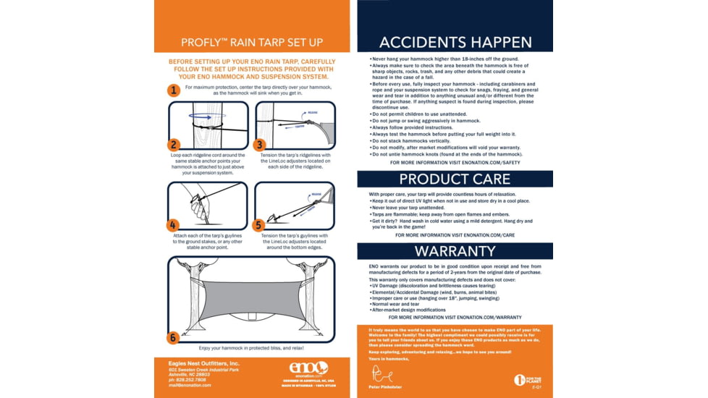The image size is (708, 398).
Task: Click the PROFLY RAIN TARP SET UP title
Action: (252, 42)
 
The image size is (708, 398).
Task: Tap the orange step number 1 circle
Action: (173, 90)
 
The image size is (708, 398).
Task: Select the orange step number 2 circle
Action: (174, 144)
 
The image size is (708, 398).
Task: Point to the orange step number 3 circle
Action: (260, 144)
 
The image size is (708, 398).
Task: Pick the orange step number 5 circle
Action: (260, 224)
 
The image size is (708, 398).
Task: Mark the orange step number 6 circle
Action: (174, 337)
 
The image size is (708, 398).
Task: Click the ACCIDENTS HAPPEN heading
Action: (455, 41)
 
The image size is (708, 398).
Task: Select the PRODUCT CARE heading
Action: (455, 179)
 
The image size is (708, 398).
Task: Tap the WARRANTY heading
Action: (455, 251)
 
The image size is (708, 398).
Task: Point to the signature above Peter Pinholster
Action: (382, 374)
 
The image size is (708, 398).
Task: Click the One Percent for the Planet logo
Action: (527, 379)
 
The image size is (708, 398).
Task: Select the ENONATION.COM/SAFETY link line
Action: (455, 163)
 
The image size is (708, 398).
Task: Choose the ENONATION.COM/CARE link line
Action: (455, 235)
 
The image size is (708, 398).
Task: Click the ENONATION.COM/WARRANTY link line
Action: (455, 317)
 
